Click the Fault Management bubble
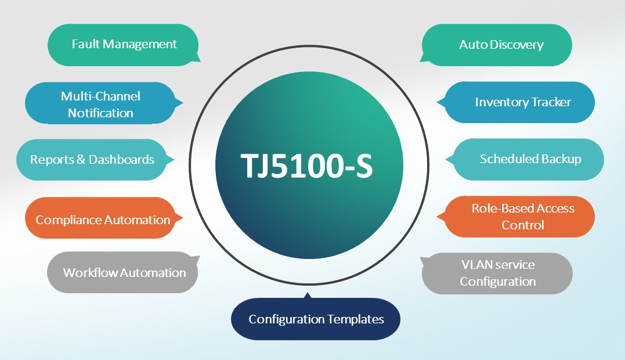pyautogui.click(x=123, y=45)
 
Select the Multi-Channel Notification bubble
pyautogui.click(x=100, y=104)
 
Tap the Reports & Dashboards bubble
pyautogui.click(x=92, y=160)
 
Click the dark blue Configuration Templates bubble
pyautogui.click(x=316, y=319)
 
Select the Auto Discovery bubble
pyautogui.click(x=500, y=45)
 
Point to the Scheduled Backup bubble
pyautogui.click(x=529, y=159)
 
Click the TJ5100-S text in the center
pyautogui.click(x=307, y=165)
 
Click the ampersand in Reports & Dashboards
pyautogui.click(x=81, y=160)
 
